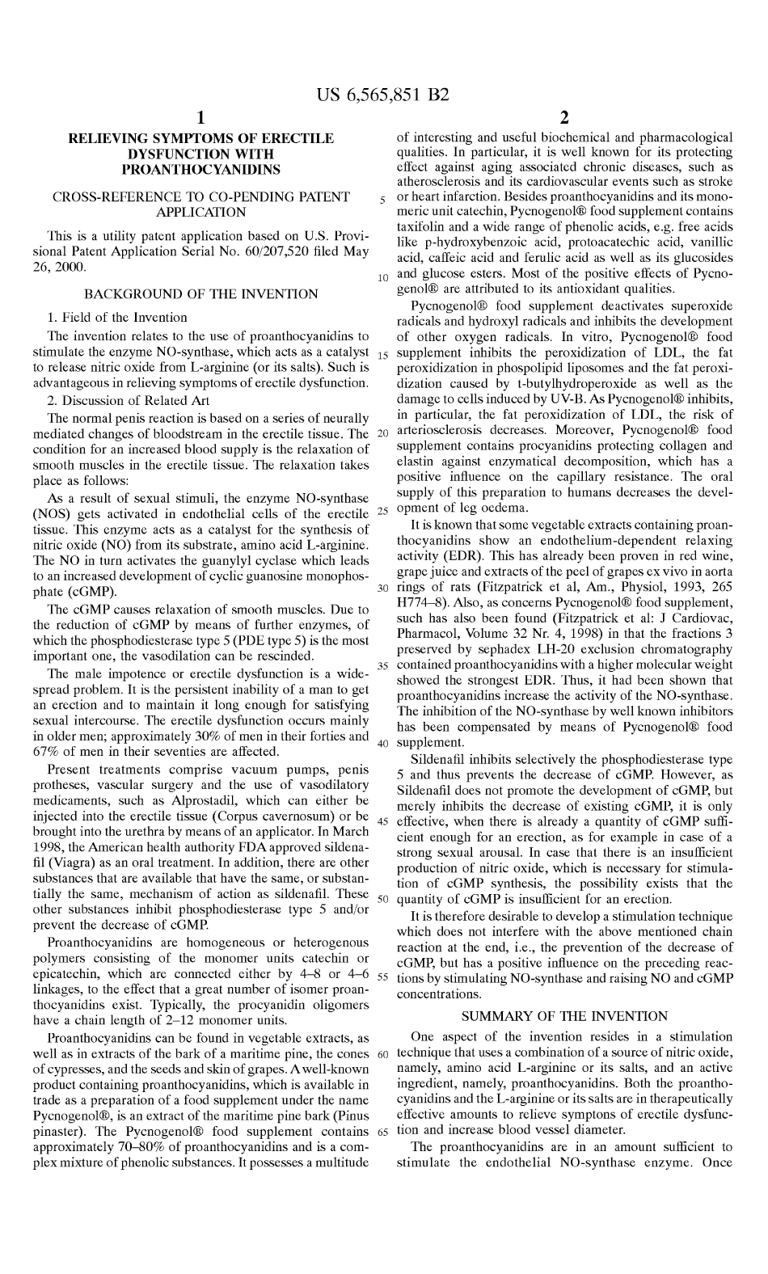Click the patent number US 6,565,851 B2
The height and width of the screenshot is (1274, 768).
click(383, 95)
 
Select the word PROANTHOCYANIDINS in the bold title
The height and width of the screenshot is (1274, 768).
click(200, 169)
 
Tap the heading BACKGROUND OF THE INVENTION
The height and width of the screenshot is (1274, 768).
click(201, 293)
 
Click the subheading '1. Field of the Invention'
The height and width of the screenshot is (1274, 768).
click(117, 317)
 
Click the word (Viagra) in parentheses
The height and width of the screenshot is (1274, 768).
click(67, 863)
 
